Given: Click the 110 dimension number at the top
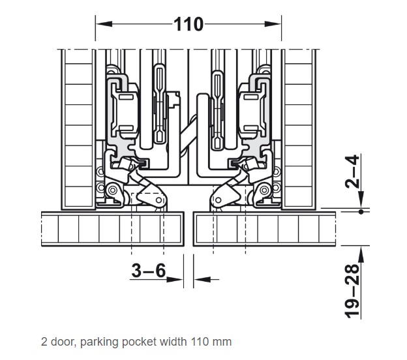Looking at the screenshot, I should coord(189,25).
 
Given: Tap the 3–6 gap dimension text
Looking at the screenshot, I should coord(149,270).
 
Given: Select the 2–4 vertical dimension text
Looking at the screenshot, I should coord(352,172).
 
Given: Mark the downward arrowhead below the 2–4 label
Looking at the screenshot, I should coord(361,202).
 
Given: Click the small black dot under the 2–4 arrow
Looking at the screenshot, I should coord(361,211).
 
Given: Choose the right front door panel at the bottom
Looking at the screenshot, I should coord(266,229).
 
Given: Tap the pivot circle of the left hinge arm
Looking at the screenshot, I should coord(113,190).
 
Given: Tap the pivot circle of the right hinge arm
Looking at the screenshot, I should coord(264,190).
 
